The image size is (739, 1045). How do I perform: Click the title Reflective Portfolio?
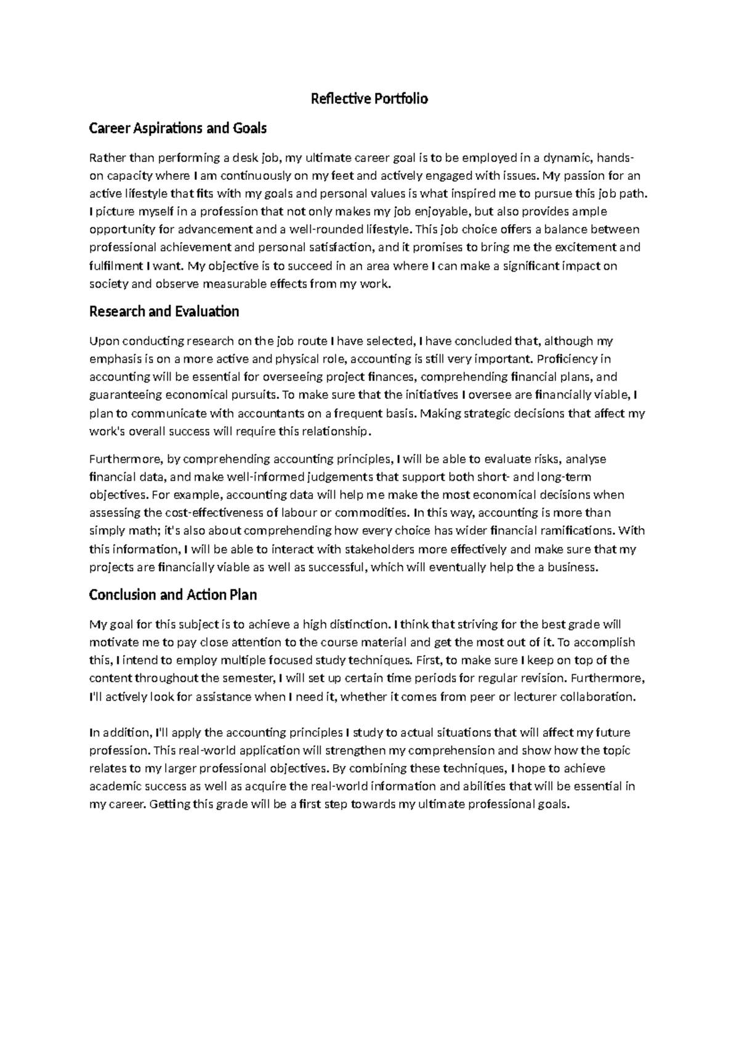[369, 99]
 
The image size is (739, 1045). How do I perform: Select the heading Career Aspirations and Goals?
[177, 128]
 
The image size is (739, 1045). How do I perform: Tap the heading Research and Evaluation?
[164, 311]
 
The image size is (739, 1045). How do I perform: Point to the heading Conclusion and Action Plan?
[172, 595]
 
